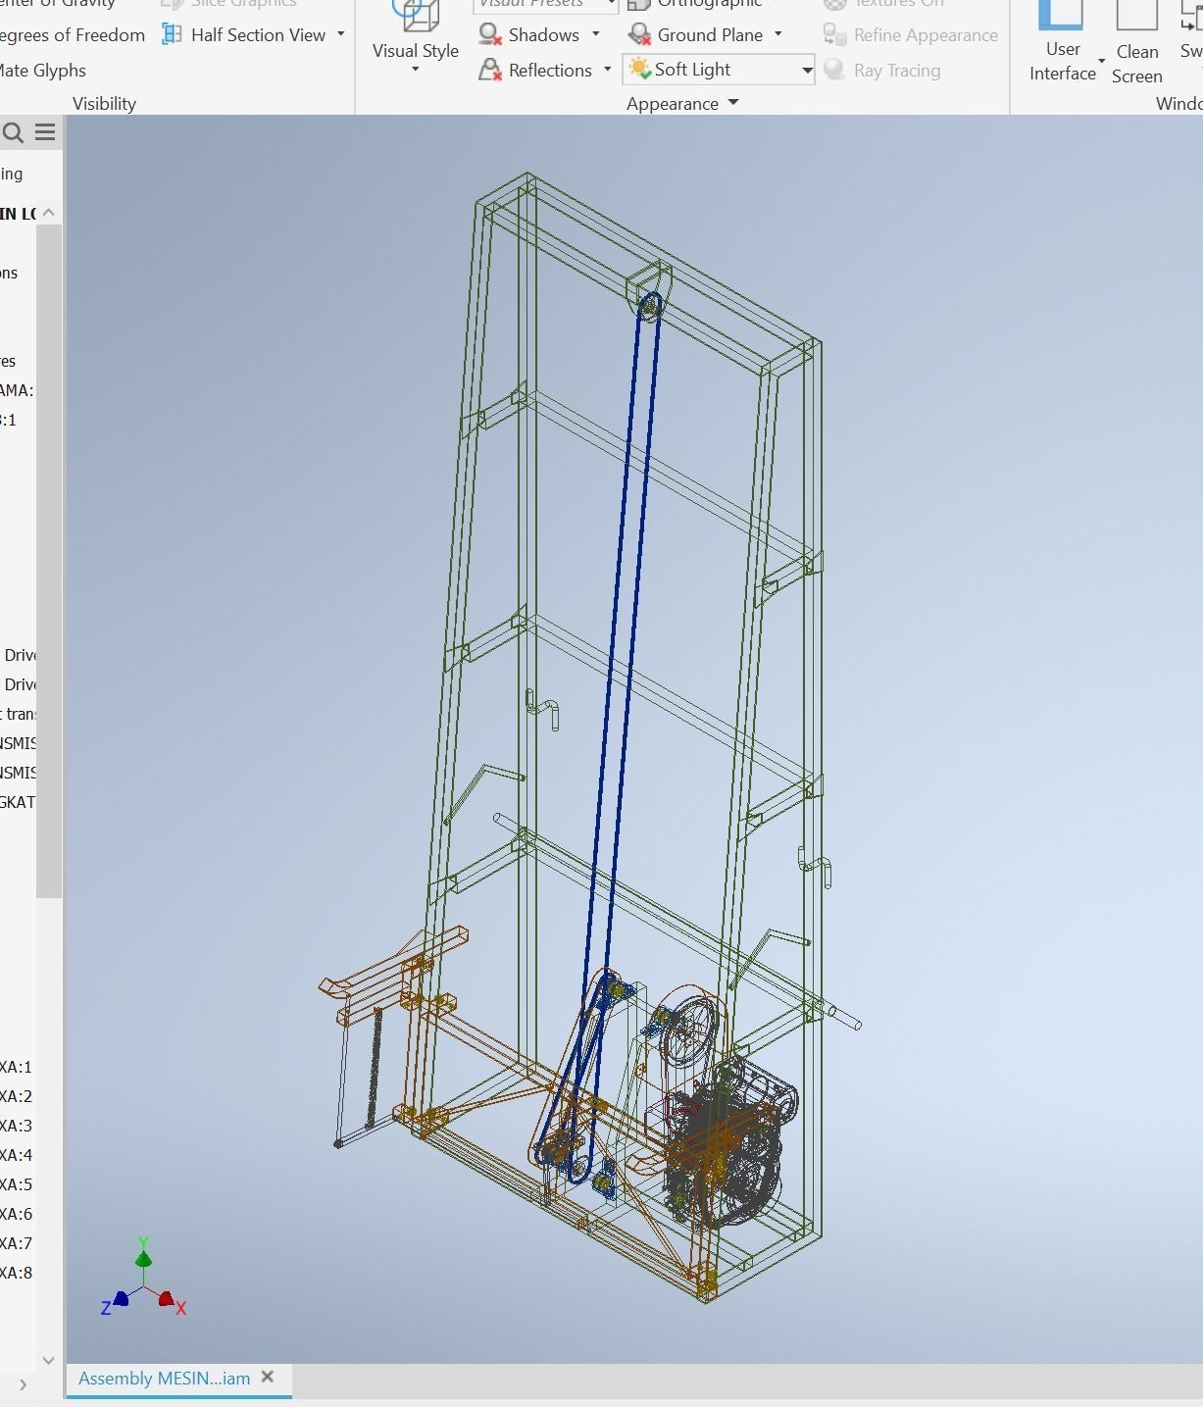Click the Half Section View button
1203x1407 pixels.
pyautogui.click(x=257, y=35)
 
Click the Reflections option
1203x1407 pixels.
pyautogui.click(x=549, y=71)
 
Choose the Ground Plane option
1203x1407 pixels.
pyautogui.click(x=709, y=35)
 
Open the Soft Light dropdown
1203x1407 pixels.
pyautogui.click(x=806, y=71)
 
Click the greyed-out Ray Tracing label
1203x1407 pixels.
pyautogui.click(x=896, y=71)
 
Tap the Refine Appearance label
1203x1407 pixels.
pyautogui.click(x=925, y=35)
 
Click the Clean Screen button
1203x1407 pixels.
pyautogui.click(x=1136, y=44)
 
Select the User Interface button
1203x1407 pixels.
pyautogui.click(x=1062, y=44)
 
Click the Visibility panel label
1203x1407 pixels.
pyautogui.click(x=104, y=104)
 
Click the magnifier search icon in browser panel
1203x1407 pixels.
pyautogui.click(x=13, y=132)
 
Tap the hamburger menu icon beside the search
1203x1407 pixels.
pyautogui.click(x=45, y=132)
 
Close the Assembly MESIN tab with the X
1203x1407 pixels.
pyautogui.click(x=268, y=1378)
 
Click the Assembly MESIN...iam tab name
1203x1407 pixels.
pyautogui.click(x=164, y=1379)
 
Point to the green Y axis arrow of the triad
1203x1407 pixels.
pyautogui.click(x=143, y=1256)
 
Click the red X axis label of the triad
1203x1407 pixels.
pyautogui.click(x=181, y=1308)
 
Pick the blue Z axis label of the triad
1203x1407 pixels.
pyautogui.click(x=105, y=1308)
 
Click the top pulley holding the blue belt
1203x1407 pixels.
pyautogui.click(x=649, y=306)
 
